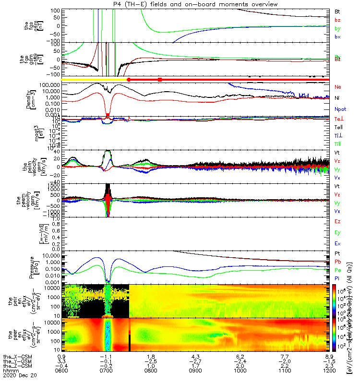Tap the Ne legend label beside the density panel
coord(338,87)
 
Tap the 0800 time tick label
coord(151,371)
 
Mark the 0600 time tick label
coord(61,371)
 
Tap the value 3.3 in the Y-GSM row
coord(61,362)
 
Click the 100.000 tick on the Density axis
coord(47,85)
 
